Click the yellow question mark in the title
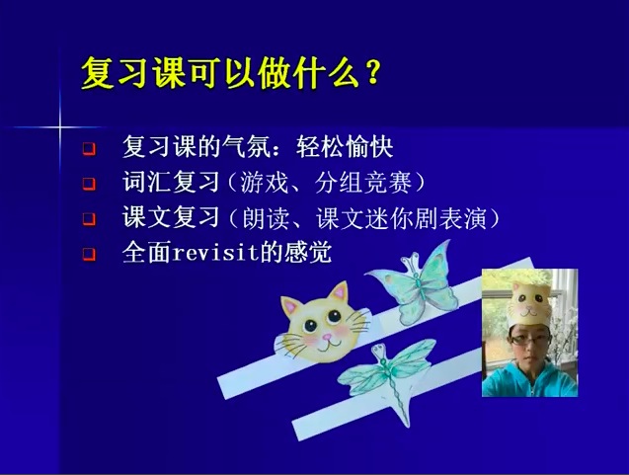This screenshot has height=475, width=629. pos(372,73)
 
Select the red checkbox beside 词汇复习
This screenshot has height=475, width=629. pos(89,184)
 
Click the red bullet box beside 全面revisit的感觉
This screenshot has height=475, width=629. pos(89,255)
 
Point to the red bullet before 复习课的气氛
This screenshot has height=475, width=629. pos(89,149)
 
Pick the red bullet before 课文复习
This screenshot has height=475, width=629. pos(89,219)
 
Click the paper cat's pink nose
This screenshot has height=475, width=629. pos(328,337)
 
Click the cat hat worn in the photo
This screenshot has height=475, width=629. pos(528,304)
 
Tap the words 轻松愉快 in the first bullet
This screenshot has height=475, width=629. pos(345,147)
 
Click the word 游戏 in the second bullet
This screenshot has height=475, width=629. pos(265,183)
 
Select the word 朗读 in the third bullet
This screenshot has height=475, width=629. pos(266,218)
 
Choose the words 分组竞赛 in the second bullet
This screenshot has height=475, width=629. pos(363,183)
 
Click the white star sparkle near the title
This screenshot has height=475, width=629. pos(60,127)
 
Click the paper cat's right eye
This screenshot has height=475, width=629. pos(334,317)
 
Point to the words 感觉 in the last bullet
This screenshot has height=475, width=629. pos(308,253)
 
